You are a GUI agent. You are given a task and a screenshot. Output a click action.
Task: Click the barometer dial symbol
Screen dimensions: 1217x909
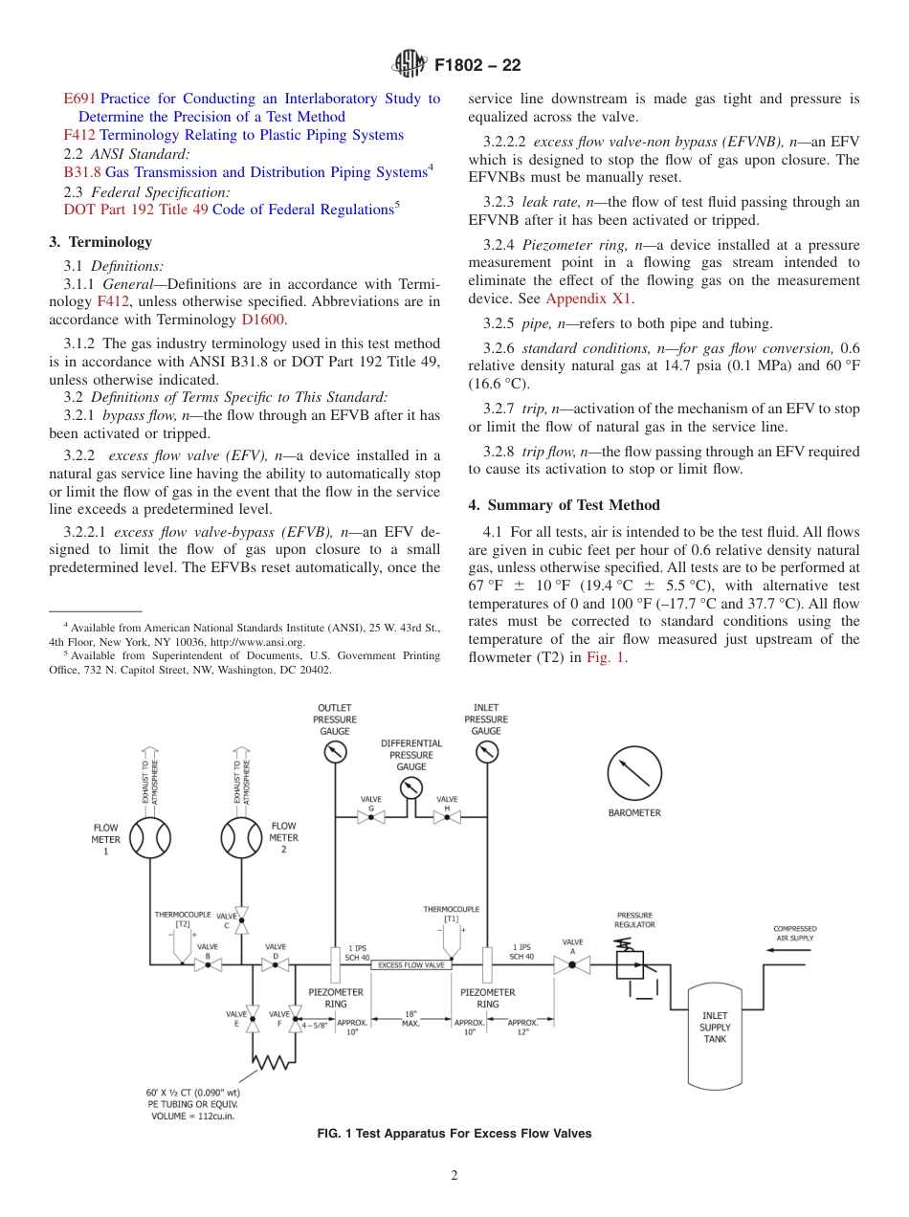(x=634, y=773)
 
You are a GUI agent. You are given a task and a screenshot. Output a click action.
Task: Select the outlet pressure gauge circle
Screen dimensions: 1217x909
(x=334, y=752)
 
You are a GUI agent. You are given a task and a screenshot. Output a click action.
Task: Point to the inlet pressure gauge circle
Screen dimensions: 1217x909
(x=486, y=752)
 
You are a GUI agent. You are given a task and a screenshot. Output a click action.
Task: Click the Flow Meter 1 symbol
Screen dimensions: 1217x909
(x=149, y=838)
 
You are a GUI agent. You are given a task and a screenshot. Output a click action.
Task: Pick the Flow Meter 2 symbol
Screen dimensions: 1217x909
(x=241, y=838)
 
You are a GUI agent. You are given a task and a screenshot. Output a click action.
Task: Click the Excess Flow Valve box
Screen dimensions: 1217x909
(x=410, y=965)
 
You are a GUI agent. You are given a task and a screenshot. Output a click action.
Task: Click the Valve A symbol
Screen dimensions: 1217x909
(x=572, y=965)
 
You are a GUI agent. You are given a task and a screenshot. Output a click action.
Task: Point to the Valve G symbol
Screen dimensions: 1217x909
(x=371, y=817)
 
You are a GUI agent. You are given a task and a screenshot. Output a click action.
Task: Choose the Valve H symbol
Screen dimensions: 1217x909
(x=447, y=817)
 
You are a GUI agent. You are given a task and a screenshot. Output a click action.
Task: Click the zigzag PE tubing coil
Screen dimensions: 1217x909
(x=274, y=1060)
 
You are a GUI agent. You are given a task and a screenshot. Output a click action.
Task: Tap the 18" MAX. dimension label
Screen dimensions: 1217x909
(x=410, y=1018)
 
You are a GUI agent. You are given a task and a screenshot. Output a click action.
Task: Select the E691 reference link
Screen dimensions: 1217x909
(x=79, y=99)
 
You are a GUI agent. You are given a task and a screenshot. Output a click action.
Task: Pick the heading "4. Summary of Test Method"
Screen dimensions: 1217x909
(x=564, y=505)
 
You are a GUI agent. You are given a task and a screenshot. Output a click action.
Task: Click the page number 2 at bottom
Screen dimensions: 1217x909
(x=454, y=1176)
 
